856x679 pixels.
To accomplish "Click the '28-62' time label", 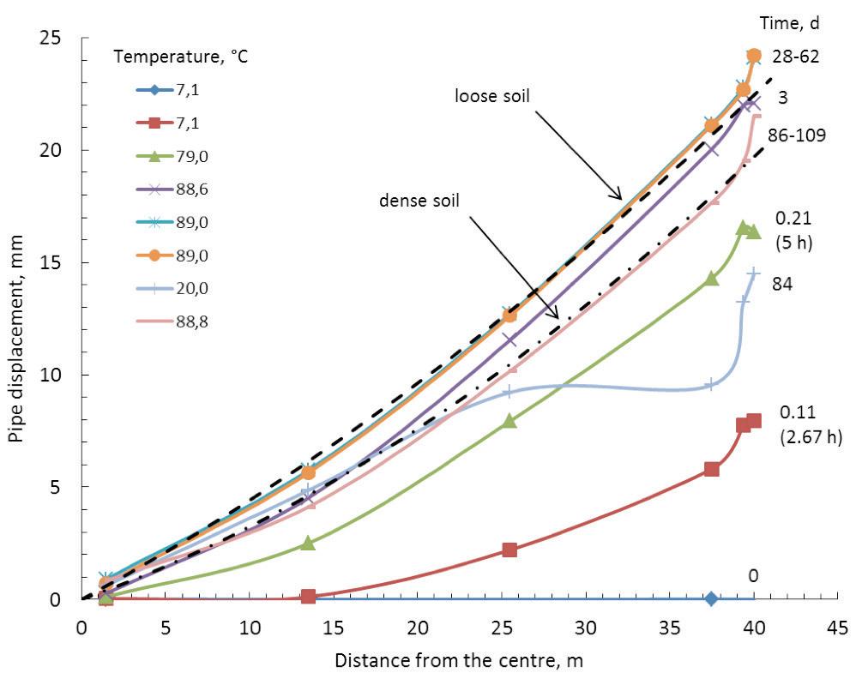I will pyautogui.click(x=797, y=57).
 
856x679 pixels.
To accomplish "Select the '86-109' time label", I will pyautogui.click(x=802, y=135).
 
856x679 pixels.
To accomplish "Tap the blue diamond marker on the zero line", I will pyautogui.click(x=711, y=598).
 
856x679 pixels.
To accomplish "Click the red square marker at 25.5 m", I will pyautogui.click(x=509, y=550).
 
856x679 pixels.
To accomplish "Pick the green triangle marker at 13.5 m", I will pyautogui.click(x=308, y=543).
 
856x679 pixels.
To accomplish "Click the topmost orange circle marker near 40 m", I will pyautogui.click(x=754, y=56).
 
